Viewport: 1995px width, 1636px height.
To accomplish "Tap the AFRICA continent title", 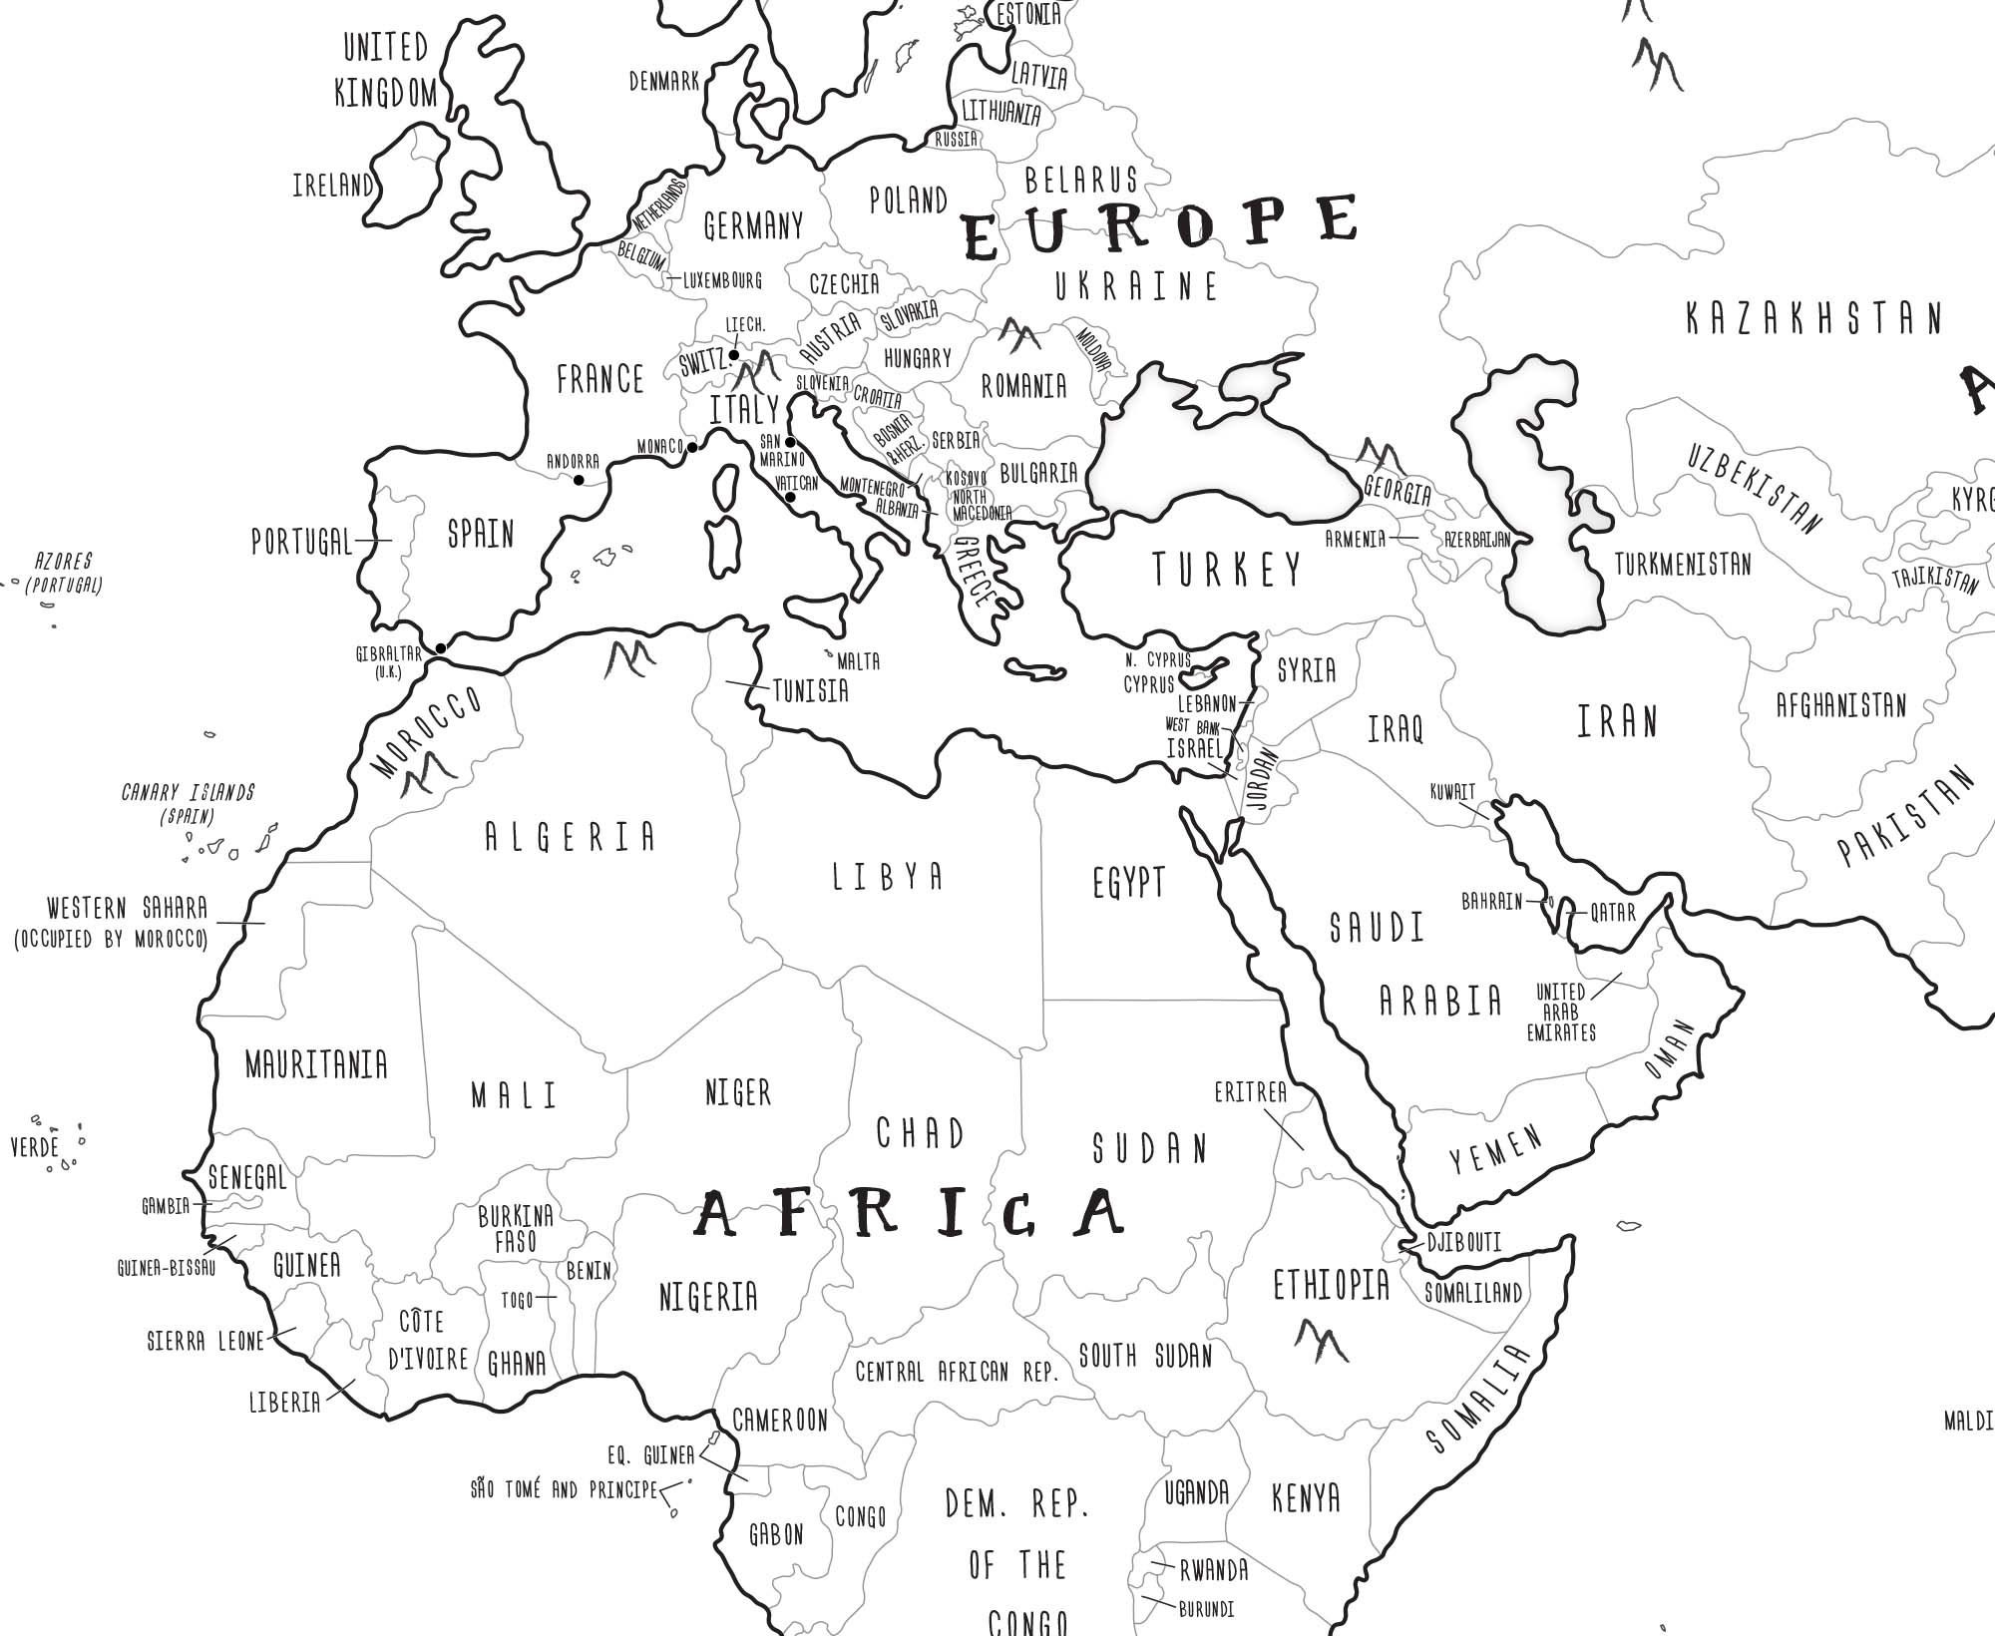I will click(909, 1213).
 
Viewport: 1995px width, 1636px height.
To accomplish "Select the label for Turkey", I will click(1228, 570).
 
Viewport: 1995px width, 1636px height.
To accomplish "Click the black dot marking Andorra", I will click(579, 481).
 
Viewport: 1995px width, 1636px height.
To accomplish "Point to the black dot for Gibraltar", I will click(441, 648).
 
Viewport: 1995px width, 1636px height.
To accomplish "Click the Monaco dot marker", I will click(692, 447).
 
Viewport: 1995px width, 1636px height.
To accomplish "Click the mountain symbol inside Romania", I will click(1019, 335).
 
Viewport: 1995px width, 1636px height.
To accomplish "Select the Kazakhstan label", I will click(1814, 319).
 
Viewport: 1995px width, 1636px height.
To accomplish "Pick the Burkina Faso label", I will click(516, 1228).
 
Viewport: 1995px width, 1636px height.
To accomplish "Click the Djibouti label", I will click(1463, 1242).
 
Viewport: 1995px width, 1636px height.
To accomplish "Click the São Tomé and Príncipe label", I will click(564, 1490).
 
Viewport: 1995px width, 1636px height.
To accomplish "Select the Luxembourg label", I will click(722, 280).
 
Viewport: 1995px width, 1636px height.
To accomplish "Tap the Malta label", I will click(858, 661).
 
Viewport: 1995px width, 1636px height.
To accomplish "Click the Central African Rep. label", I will click(956, 1372).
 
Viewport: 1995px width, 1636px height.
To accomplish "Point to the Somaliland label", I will click(1472, 1293).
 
